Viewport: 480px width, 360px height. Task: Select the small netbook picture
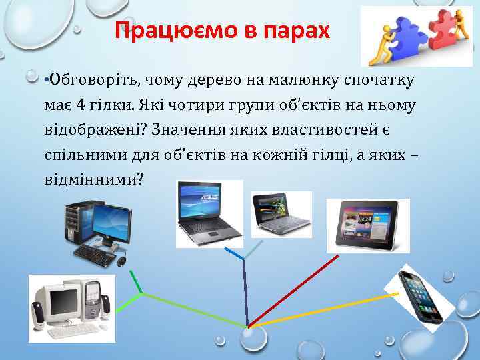coord(280,213)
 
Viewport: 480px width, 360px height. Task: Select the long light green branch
coord(193,309)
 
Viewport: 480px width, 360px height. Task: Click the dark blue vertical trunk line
coord(246,293)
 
